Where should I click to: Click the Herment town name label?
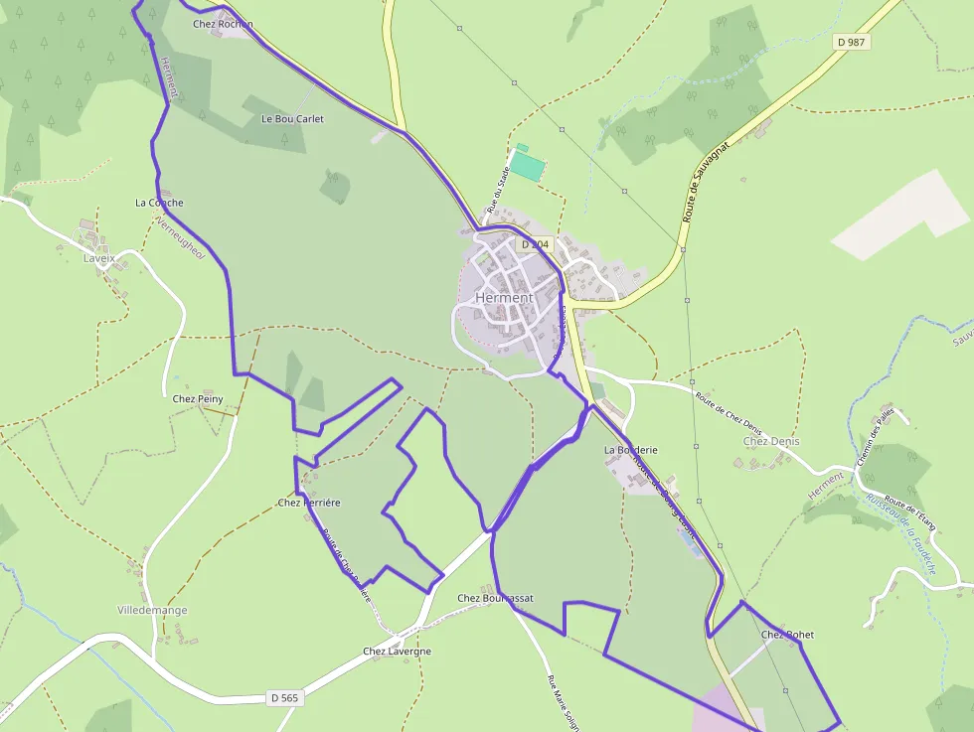click(x=504, y=297)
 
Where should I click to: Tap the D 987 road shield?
click(x=852, y=42)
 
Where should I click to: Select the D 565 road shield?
click(x=284, y=698)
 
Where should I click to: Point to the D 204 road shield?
click(x=534, y=244)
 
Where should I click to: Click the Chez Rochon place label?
click(x=223, y=24)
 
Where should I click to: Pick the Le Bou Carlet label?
click(x=292, y=118)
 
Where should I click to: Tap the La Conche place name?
click(x=159, y=203)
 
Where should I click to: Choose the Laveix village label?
click(x=99, y=258)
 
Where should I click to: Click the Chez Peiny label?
click(x=198, y=399)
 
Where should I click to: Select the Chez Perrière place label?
click(x=309, y=503)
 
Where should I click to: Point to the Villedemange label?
click(x=152, y=610)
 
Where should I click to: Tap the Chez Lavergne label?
click(x=397, y=652)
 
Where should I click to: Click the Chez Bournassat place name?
click(x=495, y=598)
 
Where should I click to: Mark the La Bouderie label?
click(x=631, y=450)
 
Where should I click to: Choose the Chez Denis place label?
click(x=771, y=441)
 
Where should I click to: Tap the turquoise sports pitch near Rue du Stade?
click(x=528, y=165)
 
